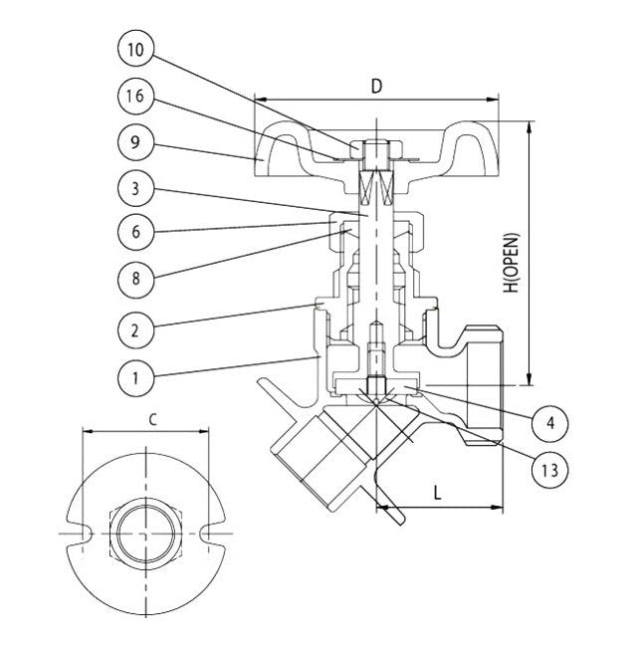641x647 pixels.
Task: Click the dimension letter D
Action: (x=376, y=86)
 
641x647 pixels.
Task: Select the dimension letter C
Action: (x=151, y=419)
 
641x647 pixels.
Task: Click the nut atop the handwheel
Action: (x=376, y=154)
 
